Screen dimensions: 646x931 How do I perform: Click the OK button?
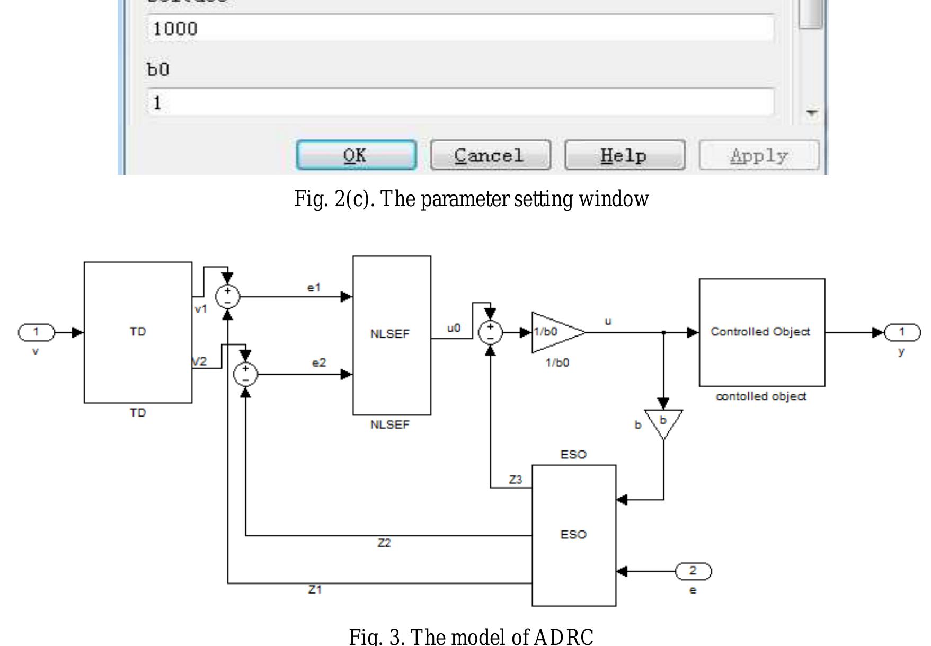(356, 155)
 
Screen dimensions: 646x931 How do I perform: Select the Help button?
(625, 155)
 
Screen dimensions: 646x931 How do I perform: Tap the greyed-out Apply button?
(759, 155)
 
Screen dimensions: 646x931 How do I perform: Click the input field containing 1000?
(460, 28)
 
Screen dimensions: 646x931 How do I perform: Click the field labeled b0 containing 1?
(460, 102)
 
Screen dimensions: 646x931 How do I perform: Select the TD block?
(138, 332)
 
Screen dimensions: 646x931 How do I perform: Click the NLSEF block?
(392, 335)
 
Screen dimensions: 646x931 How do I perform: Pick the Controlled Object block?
(761, 332)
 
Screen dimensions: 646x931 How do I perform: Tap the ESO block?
(573, 535)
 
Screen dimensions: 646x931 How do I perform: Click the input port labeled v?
(36, 332)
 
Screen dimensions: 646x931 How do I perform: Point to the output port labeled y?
(902, 332)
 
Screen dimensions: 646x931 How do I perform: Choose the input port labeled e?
(693, 571)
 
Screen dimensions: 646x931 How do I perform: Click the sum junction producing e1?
(228, 297)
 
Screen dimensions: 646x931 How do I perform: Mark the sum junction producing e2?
(245, 374)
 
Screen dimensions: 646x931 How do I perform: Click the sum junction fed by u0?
(490, 332)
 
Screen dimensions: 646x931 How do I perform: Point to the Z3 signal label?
(515, 480)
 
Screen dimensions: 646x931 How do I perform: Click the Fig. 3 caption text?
(471, 636)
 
